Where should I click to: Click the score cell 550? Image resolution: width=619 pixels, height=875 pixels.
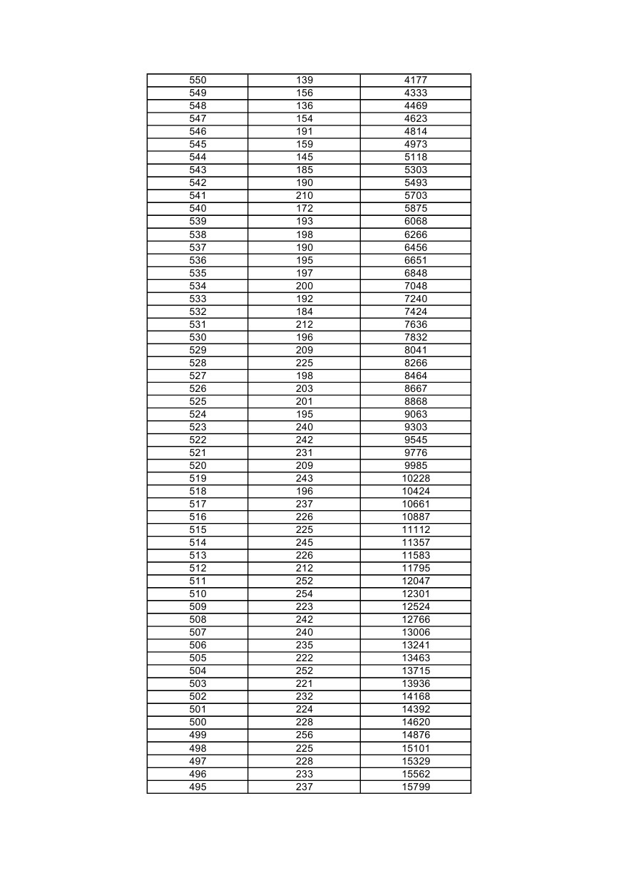[198, 81]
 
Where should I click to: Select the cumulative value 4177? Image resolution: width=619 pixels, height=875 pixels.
[416, 81]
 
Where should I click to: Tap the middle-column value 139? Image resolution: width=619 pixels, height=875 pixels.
[305, 81]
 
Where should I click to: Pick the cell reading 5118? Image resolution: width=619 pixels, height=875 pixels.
[416, 157]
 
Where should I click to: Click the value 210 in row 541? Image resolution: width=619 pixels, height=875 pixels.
[305, 196]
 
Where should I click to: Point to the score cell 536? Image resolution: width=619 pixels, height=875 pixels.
[198, 260]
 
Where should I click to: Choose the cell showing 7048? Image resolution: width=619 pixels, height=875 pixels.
[416, 286]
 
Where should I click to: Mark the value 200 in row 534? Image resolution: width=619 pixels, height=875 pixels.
[305, 286]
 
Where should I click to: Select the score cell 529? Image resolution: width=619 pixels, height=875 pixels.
[198, 350]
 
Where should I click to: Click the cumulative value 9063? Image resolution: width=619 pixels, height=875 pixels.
[416, 414]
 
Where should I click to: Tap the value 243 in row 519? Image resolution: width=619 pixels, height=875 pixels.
[305, 478]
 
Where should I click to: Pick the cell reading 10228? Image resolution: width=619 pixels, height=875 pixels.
[416, 478]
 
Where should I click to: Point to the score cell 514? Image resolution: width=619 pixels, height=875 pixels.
[198, 542]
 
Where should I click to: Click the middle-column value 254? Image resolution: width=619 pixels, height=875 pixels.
[305, 594]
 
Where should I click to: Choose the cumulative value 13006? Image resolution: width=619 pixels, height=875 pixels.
[416, 632]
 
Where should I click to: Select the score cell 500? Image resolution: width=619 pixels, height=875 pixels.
[198, 722]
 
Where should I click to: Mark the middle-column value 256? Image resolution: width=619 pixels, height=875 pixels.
[305, 735]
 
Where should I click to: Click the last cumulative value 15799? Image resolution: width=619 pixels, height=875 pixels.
[416, 787]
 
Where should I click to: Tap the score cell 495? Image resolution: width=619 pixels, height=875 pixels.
[198, 787]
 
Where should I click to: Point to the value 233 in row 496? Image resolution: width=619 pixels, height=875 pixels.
[305, 774]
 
